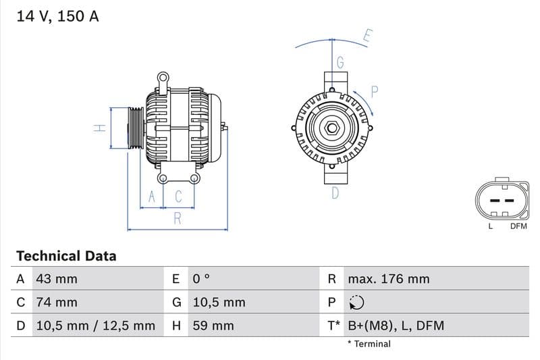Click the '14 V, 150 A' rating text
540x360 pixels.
coord(57,16)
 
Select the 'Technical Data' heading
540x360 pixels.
coord(66,256)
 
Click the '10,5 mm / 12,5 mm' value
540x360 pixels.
coord(94,326)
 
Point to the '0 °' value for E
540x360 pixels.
coord(201,279)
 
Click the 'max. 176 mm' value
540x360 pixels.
coord(388,279)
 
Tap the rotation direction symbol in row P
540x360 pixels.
coord(356,303)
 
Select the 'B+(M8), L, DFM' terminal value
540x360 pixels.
coord(396,326)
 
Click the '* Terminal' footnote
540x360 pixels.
coord(369,344)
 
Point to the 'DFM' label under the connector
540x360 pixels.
coord(518,226)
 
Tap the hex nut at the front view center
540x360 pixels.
coord(332,128)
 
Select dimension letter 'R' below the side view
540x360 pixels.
coord(178,218)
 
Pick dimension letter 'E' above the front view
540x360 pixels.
coord(367,36)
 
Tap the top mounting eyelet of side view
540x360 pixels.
coord(163,78)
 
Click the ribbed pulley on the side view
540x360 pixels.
coord(136,128)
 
